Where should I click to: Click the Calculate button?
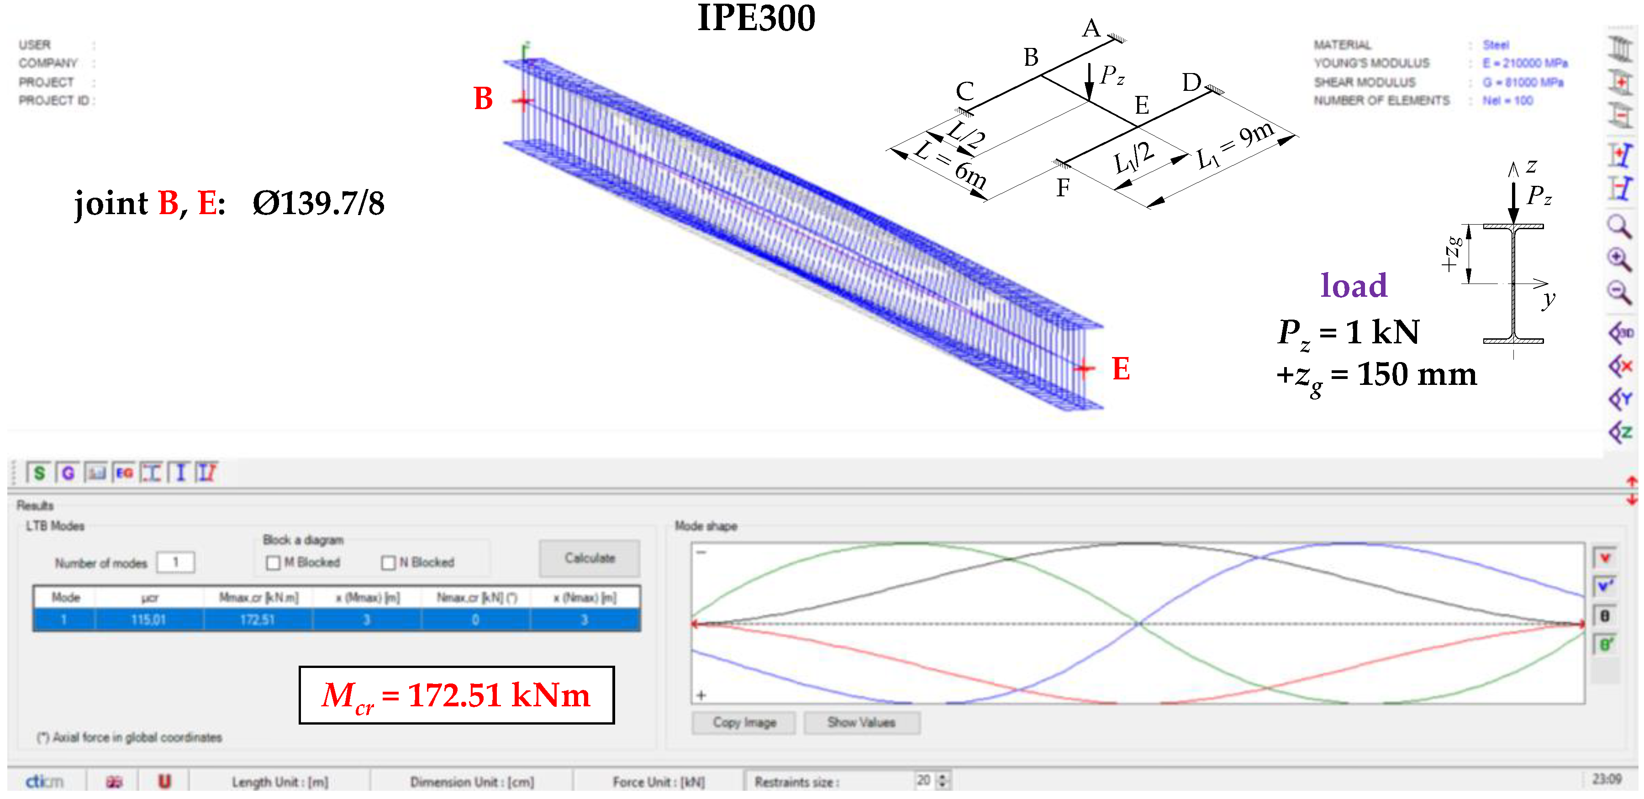pos(589,558)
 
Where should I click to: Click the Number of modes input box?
pos(175,562)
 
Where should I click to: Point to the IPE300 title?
pos(756,18)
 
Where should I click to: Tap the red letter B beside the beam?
pos(483,99)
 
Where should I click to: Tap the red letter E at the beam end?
pos(1121,369)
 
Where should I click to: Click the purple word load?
pos(1354,285)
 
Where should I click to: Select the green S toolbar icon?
pos(39,473)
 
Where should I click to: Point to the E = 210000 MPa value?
pos(1525,63)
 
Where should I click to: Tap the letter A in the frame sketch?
pos(1091,28)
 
